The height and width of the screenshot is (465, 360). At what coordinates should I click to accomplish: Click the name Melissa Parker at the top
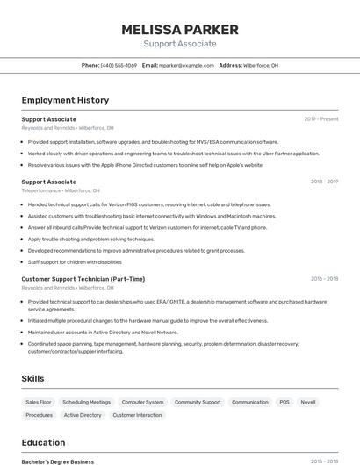[179, 29]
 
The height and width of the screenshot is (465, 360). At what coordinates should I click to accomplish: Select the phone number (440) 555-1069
[119, 65]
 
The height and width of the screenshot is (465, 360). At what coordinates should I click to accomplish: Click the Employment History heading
[65, 100]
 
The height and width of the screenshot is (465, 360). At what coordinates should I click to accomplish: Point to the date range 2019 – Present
[321, 119]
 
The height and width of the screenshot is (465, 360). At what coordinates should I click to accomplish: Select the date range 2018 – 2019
[324, 182]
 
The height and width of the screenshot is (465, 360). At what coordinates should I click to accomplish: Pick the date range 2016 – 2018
[324, 279]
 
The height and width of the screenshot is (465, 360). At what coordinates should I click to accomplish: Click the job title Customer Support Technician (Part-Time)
[83, 279]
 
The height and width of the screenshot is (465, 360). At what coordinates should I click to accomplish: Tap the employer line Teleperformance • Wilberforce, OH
[61, 190]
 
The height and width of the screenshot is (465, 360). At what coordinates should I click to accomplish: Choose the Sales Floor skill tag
[39, 402]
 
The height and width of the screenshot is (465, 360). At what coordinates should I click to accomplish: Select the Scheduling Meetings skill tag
[87, 402]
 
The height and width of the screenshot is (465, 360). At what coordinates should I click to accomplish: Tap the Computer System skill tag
[142, 402]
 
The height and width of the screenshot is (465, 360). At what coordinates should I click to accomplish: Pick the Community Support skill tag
[198, 402]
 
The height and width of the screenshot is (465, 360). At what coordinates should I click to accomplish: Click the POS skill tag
[284, 402]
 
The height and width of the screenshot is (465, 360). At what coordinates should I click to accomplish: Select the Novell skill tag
[308, 402]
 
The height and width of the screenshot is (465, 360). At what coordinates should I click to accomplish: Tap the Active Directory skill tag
[83, 415]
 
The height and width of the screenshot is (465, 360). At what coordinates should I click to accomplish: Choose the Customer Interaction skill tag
[137, 415]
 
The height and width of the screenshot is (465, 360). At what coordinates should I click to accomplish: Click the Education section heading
[43, 442]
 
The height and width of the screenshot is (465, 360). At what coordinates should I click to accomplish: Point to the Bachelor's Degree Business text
[58, 461]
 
